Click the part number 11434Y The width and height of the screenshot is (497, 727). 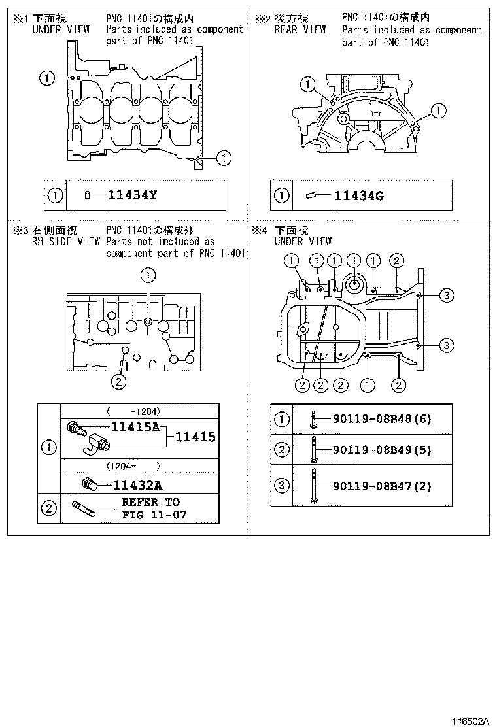click(132, 195)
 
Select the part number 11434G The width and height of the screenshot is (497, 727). click(358, 195)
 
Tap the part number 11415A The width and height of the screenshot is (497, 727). click(136, 428)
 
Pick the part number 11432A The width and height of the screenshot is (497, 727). click(137, 484)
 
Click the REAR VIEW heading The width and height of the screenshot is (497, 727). click(300, 29)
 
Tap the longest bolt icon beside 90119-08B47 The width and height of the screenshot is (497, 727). click(314, 486)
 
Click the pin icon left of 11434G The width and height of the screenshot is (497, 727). click(311, 195)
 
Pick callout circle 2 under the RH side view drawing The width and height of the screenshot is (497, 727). click(118, 382)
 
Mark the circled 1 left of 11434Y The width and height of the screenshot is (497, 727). click(56, 195)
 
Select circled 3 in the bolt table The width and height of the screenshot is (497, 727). click(281, 486)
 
